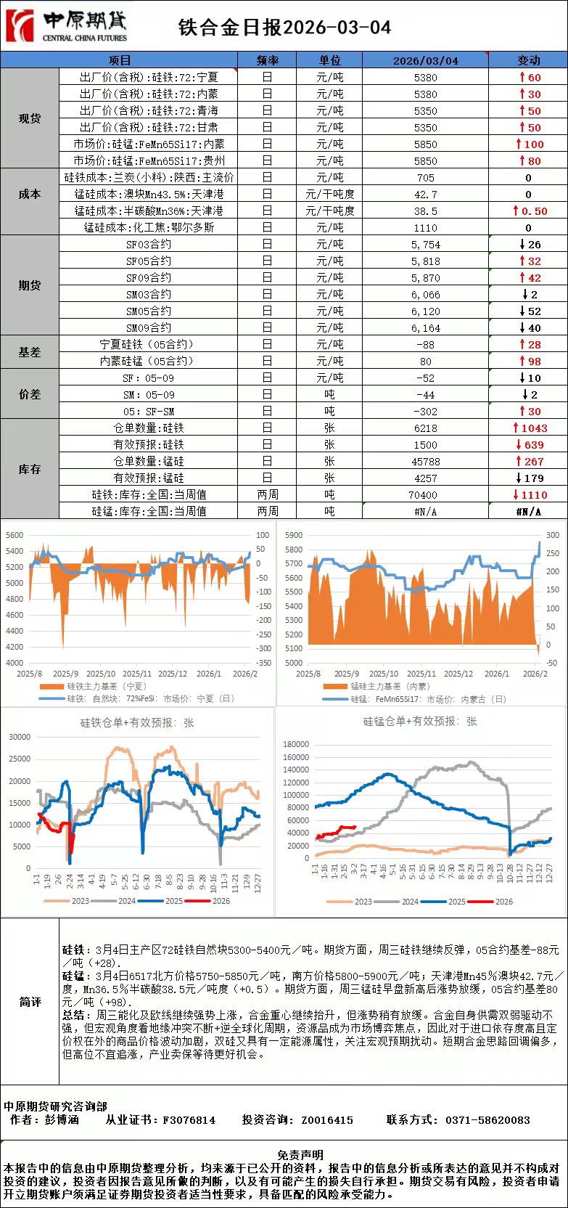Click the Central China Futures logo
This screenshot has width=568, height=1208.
click(x=67, y=26)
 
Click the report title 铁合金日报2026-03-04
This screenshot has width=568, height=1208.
click(x=284, y=28)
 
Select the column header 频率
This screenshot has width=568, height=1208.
click(x=267, y=60)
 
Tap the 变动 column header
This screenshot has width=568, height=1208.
click(x=528, y=60)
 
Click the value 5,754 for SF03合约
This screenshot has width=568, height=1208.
click(x=425, y=245)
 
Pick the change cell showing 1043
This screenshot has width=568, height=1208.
click(x=530, y=428)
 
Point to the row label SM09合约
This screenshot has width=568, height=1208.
click(x=148, y=328)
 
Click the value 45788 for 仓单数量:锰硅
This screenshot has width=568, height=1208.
click(x=425, y=462)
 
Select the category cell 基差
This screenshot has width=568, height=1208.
click(x=30, y=352)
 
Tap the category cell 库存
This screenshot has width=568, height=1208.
click(x=30, y=470)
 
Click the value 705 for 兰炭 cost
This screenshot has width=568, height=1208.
click(x=425, y=178)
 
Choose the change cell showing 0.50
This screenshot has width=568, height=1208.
click(x=530, y=211)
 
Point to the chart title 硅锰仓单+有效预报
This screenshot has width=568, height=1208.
click(x=420, y=722)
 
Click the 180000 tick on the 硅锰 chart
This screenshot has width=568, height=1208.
click(x=296, y=744)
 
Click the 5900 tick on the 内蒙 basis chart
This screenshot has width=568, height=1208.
click(x=294, y=535)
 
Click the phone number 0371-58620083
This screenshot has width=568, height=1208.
click(x=487, y=1120)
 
